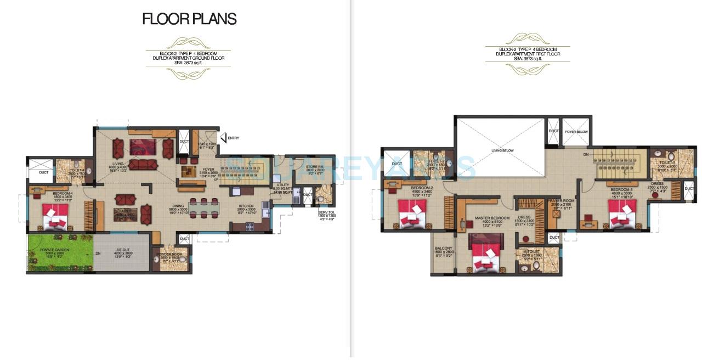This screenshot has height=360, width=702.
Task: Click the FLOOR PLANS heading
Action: [x=189, y=19]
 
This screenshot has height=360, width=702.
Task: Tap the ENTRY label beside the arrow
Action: [x=233, y=138]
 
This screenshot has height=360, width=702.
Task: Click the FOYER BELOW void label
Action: [x=576, y=132]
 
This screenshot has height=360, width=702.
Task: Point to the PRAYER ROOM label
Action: [x=559, y=201]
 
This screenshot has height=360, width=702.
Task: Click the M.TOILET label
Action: [x=532, y=251]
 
